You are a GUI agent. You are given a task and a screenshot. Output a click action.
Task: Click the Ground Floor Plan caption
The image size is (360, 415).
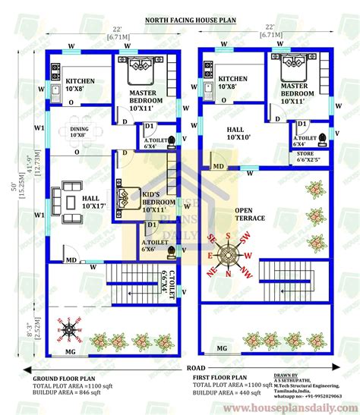coord(65,376)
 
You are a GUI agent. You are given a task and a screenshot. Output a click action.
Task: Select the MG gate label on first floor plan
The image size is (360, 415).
coord(222,347)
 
